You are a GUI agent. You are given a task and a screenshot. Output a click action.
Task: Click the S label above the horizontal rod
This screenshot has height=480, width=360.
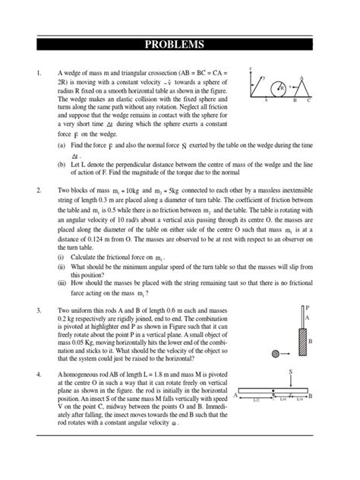pos(289,371)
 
